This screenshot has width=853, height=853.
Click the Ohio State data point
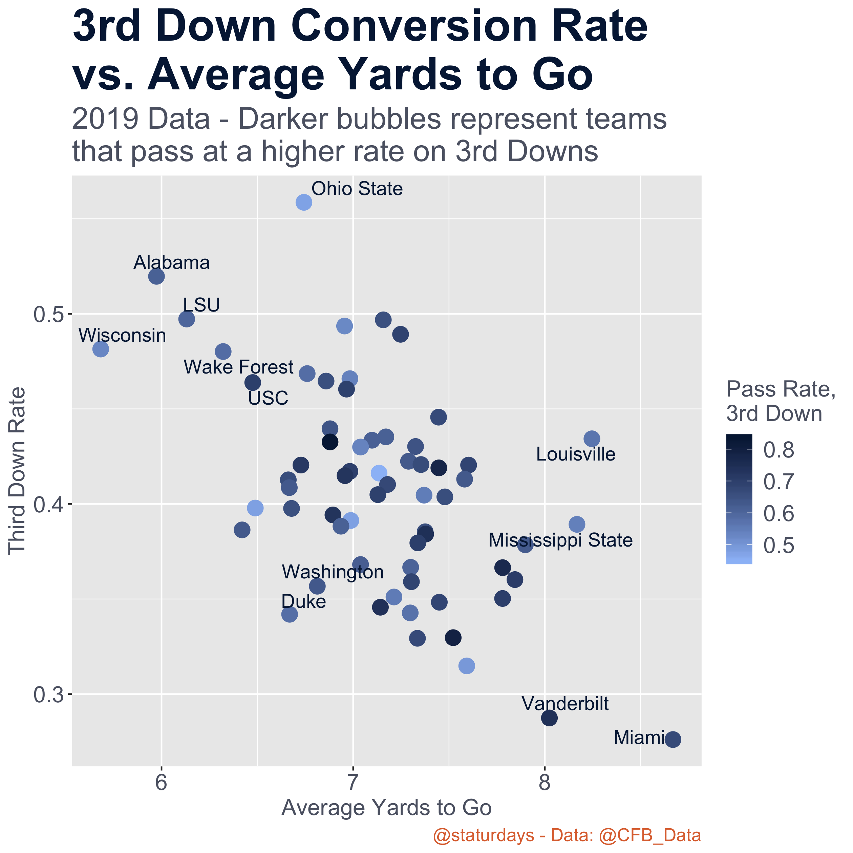tap(304, 202)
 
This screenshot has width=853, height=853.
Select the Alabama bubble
tap(157, 276)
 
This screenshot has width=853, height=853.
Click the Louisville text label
tap(576, 454)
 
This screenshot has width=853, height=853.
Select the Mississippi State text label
tap(560, 540)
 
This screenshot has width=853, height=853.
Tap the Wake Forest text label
tap(238, 367)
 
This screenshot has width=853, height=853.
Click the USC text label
tap(268, 398)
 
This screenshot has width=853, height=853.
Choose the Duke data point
tap(289, 614)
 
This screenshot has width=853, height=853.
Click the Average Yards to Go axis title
tap(386, 808)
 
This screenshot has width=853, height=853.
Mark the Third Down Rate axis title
tap(18, 471)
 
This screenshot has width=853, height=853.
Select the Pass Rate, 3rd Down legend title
tap(781, 401)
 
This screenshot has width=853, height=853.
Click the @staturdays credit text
tap(567, 836)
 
